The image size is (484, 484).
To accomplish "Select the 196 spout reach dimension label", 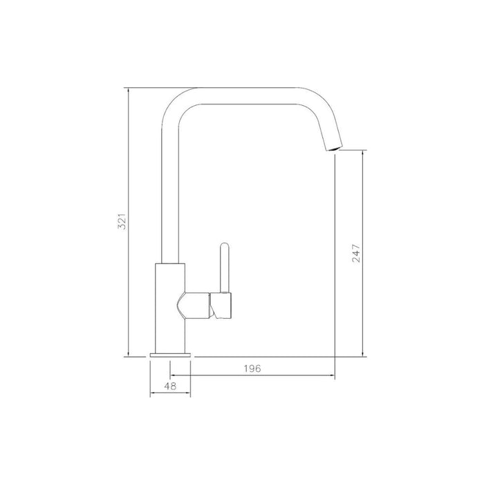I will [252, 369].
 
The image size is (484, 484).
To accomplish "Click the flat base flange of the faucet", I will [170, 355].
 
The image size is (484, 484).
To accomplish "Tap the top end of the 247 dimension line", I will [364, 151].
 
